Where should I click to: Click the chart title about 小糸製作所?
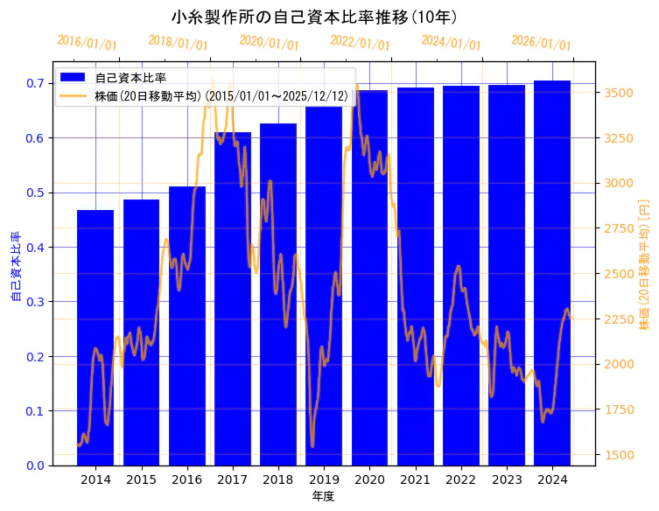(314, 17)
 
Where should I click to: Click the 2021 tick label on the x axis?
(415, 479)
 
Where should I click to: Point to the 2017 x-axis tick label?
(232, 479)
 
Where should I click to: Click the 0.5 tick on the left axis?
(35, 192)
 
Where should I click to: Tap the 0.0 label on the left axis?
(35, 465)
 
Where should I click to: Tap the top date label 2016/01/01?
(88, 42)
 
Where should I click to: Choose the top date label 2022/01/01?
(360, 42)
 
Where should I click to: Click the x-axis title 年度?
(323, 496)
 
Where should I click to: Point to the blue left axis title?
(15, 267)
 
